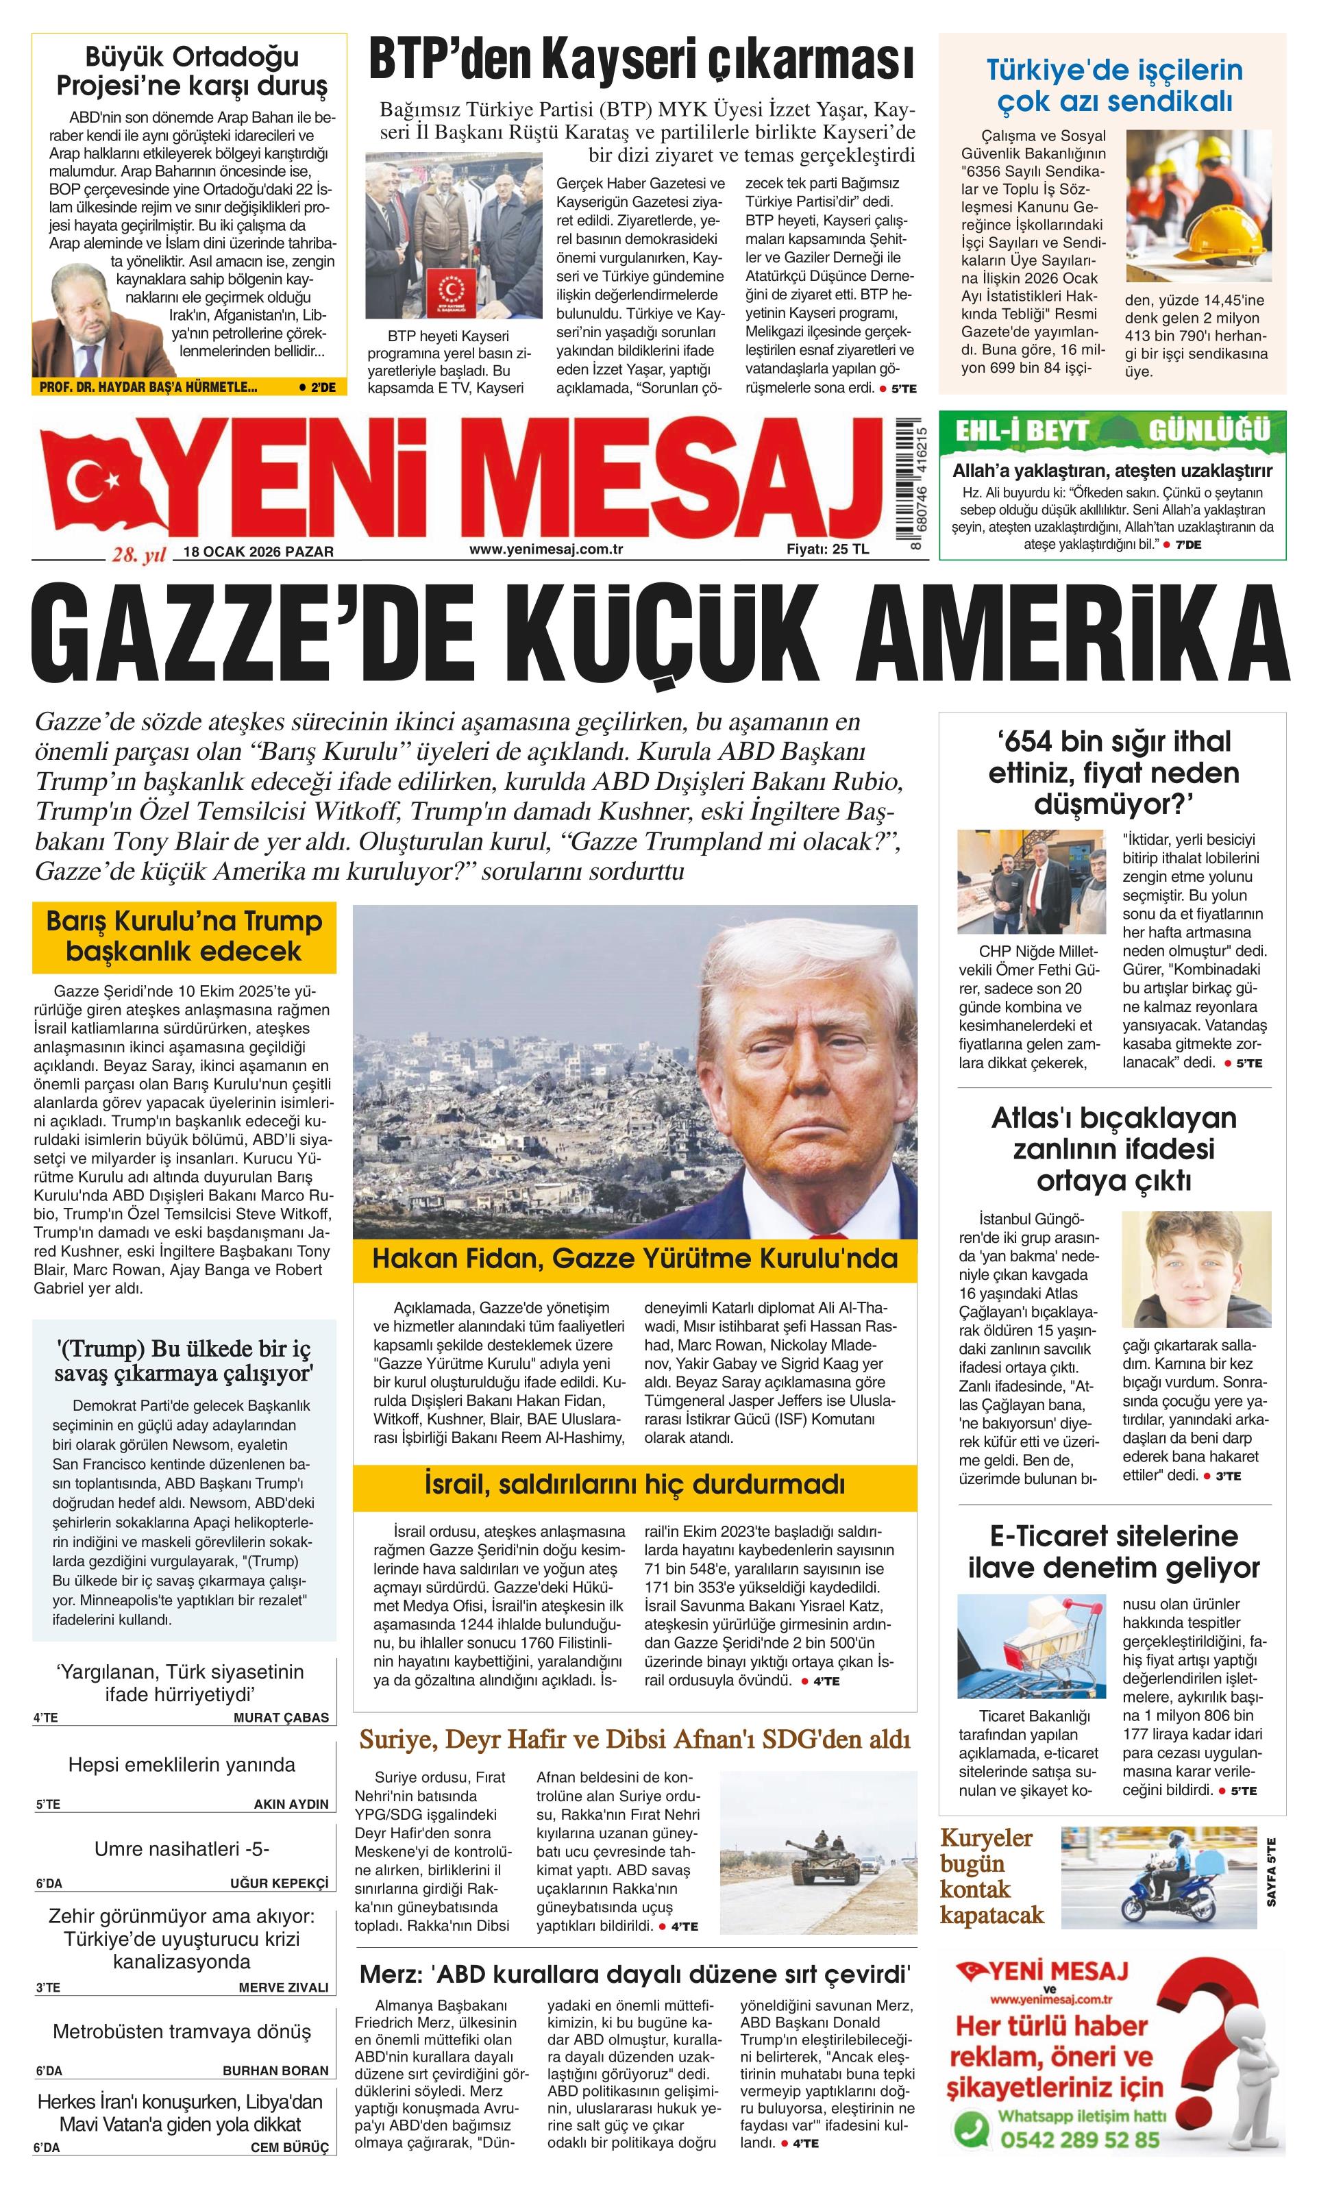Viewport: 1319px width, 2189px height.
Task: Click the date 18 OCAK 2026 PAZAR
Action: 258,552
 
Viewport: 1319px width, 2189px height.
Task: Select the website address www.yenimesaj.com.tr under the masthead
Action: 545,549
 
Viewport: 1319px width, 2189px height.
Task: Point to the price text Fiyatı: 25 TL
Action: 827,549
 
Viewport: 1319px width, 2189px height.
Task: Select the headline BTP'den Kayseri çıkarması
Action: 641,62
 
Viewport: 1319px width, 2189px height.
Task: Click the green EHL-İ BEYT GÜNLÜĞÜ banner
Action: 1111,431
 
